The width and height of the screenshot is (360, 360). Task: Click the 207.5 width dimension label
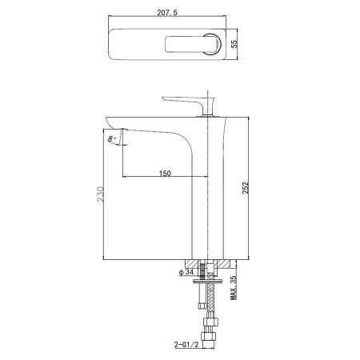pos(167,12)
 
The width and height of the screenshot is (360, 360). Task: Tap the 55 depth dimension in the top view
pos(234,44)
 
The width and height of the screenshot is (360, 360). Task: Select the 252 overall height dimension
pos(245,188)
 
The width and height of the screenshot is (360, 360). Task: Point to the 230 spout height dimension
pos(100,194)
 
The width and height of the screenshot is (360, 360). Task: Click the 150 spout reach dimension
pos(165,174)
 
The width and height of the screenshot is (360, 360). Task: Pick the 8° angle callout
pos(112,138)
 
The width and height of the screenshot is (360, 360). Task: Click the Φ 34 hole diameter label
pos(186,272)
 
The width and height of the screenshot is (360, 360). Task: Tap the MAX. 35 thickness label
pos(234,288)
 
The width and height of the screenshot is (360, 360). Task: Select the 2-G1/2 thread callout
pos(186,345)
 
